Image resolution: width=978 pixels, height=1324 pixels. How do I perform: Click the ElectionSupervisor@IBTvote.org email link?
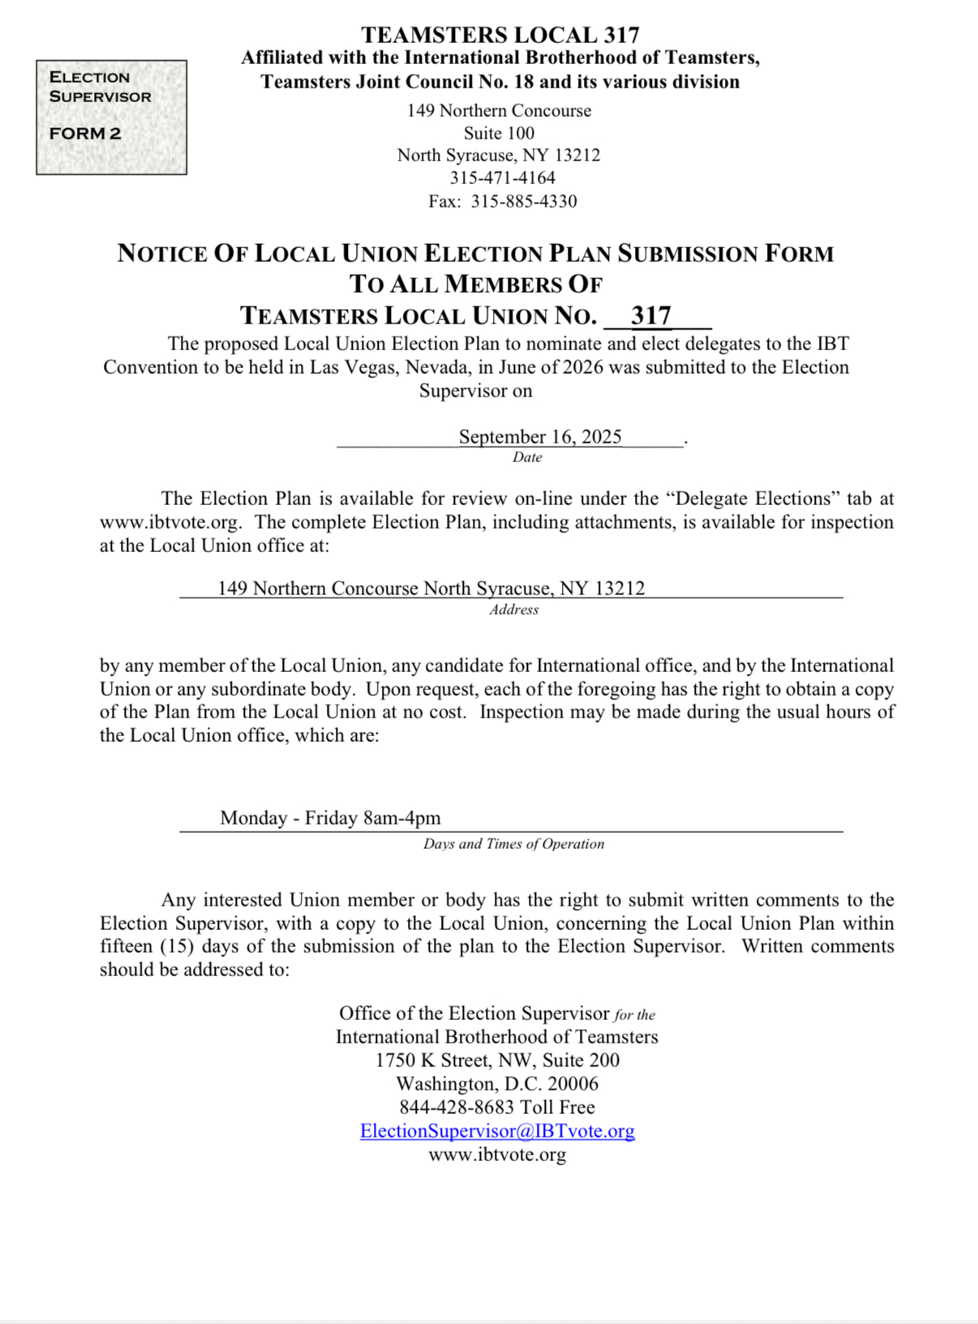497,1131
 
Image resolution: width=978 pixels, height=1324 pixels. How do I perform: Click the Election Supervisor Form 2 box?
111,117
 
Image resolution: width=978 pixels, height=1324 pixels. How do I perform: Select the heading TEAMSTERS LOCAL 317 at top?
500,35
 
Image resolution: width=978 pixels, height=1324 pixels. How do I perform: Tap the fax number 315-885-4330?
524,201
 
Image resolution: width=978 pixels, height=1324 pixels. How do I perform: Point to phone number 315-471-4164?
503,178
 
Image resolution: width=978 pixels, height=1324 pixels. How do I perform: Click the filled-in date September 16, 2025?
540,437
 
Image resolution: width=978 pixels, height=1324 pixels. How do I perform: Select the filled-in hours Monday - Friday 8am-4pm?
330,818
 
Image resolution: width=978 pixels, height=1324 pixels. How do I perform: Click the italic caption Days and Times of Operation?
513,844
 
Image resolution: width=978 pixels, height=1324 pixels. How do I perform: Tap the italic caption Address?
513,610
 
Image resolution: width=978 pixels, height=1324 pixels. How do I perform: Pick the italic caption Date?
527,457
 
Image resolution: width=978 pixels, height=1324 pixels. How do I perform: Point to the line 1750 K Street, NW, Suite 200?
497,1060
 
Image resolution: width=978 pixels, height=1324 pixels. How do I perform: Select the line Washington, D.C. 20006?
497,1084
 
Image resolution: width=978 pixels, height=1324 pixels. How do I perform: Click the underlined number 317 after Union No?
651,315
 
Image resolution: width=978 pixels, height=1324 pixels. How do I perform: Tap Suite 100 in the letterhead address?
499,133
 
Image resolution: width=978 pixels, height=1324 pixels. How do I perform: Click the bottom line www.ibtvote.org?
497,1155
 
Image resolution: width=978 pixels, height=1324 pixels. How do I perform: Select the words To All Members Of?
476,285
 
